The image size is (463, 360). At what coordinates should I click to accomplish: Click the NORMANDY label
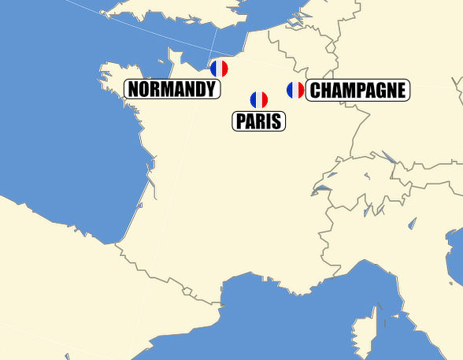tap(171, 89)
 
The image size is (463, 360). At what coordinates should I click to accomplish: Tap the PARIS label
tap(259, 121)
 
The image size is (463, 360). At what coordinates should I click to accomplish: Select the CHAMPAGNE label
tap(357, 91)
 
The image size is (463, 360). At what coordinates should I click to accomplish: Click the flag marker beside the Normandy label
tap(219, 69)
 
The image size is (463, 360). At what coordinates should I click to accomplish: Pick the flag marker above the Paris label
tap(259, 100)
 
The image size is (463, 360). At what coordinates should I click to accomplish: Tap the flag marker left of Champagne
tap(295, 90)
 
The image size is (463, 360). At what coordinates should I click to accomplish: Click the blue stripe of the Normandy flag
tap(213, 69)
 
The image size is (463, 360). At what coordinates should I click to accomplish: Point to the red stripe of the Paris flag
tap(265, 100)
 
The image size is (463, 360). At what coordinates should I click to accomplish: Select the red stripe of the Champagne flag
tap(301, 90)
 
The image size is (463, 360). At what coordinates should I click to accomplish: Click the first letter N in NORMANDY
tap(134, 89)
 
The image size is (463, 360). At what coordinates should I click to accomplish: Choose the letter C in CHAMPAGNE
tap(315, 91)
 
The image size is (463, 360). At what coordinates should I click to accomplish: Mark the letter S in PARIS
tap(278, 121)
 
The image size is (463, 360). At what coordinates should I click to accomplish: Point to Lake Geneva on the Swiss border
tap(323, 187)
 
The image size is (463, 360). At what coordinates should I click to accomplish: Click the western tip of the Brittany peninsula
tap(102, 76)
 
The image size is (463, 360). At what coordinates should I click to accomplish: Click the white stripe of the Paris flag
tap(259, 100)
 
